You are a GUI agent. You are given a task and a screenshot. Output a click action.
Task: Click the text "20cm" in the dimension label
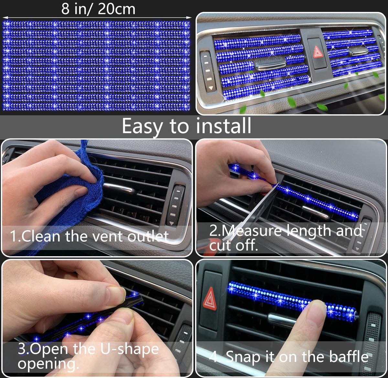click(x=116, y=9)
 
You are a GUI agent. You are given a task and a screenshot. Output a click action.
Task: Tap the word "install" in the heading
click(x=223, y=126)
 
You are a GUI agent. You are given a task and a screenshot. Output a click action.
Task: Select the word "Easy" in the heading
click(x=142, y=127)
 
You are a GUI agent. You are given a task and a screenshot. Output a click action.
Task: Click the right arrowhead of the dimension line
click(x=189, y=17)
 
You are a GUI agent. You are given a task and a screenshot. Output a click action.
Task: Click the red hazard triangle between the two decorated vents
click(x=318, y=52)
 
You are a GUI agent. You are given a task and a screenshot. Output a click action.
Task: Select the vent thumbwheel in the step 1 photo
click(x=176, y=205)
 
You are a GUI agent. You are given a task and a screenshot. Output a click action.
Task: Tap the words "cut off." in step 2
click(x=233, y=245)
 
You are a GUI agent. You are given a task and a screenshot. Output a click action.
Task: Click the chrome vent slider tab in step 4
click(x=281, y=320)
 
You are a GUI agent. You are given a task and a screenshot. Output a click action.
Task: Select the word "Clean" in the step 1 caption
click(x=41, y=236)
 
